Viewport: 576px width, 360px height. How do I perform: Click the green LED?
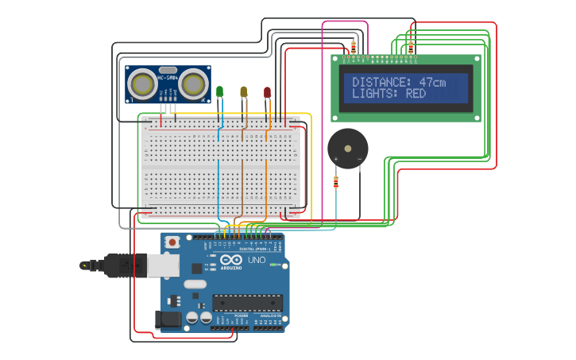[219, 92]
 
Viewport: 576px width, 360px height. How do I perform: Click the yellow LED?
[244, 92]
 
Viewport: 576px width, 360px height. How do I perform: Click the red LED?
[267, 92]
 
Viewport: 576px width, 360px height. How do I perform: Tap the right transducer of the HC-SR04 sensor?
[193, 83]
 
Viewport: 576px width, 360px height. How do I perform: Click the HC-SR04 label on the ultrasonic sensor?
[168, 76]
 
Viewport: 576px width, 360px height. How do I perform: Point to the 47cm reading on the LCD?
[432, 82]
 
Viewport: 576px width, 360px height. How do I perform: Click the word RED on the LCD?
[416, 94]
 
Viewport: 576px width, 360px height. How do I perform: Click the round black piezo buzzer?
[348, 147]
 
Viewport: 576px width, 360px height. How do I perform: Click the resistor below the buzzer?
[335, 183]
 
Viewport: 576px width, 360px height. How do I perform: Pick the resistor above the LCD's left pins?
[354, 47]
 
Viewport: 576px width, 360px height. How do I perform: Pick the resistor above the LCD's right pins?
[411, 47]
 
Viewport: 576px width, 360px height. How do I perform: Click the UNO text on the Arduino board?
[257, 261]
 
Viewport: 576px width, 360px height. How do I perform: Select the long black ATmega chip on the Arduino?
[247, 303]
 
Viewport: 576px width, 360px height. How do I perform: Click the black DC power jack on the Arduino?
[168, 319]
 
